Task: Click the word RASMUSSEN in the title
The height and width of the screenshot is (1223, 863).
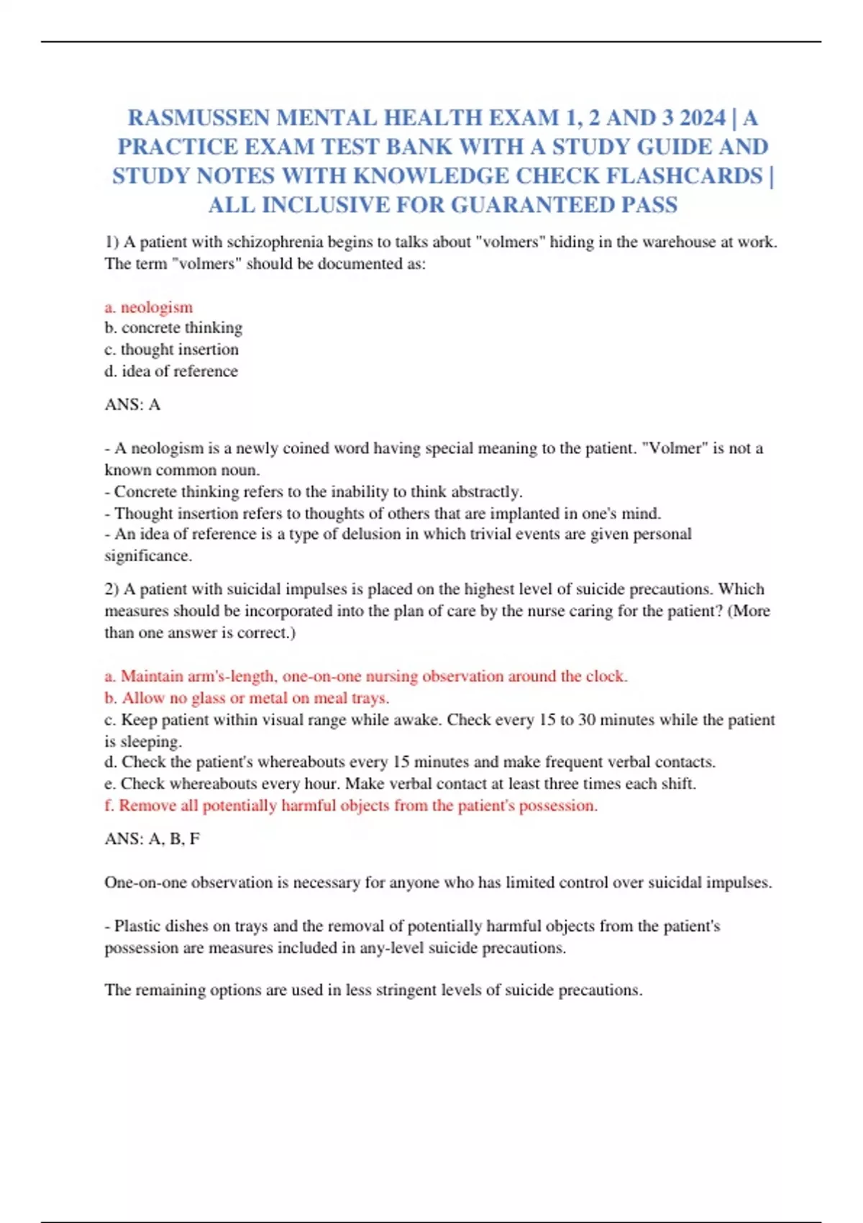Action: [x=198, y=117]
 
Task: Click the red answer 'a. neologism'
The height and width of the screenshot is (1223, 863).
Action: [x=149, y=307]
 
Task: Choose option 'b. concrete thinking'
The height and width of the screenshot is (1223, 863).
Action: [x=173, y=328]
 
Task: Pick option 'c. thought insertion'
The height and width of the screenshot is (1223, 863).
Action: [x=171, y=350]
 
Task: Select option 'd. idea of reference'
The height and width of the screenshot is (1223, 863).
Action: [x=171, y=371]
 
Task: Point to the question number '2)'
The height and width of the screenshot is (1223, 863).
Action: [x=111, y=589]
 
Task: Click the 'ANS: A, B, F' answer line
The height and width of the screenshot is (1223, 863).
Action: [x=152, y=839]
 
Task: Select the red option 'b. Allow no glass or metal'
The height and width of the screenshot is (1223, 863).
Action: [x=247, y=698]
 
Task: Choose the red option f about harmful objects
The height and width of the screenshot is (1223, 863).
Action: [x=351, y=806]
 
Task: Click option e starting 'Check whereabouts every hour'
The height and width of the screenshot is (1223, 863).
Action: [x=400, y=784]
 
